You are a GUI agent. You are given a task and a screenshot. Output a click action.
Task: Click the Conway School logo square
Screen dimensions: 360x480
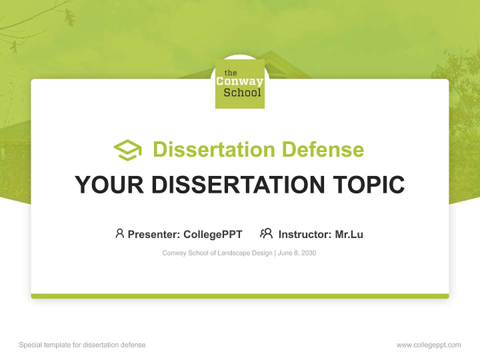[239, 83]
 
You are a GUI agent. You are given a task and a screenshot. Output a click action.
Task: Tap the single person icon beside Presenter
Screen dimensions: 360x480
[119, 233]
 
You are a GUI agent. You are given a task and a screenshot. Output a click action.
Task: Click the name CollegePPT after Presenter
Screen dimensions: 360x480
[213, 234]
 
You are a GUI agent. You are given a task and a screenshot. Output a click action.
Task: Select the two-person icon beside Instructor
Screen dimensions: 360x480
[266, 233]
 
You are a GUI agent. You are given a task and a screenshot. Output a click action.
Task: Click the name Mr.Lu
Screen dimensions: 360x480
[349, 234]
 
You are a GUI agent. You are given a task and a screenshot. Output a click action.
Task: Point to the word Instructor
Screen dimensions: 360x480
[304, 234]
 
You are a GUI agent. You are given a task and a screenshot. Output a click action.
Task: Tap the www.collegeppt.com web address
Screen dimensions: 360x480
[428, 345]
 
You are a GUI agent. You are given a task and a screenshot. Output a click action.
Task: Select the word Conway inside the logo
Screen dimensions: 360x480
[239, 82]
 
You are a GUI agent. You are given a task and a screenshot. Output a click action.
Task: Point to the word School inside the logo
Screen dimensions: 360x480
[242, 92]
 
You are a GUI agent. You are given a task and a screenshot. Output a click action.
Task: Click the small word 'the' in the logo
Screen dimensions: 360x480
[230, 73]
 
